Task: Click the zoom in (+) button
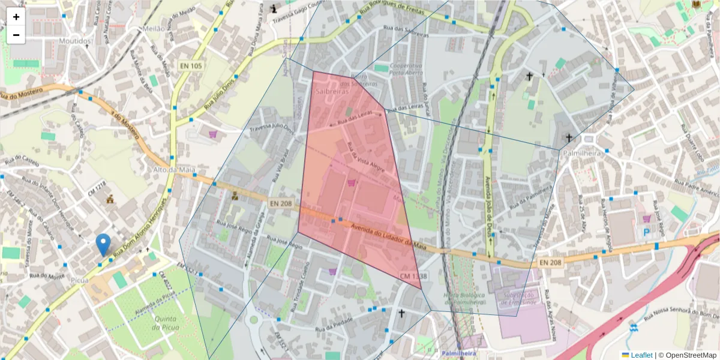pyautogui.click(x=16, y=17)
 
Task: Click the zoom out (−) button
pyautogui.click(x=16, y=35)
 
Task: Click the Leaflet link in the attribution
pyautogui.click(x=641, y=355)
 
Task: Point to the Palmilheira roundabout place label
pyautogui.click(x=582, y=154)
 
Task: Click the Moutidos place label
pyautogui.click(x=76, y=41)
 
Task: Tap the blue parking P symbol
pyautogui.click(x=646, y=232)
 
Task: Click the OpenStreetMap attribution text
pyautogui.click(x=689, y=355)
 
